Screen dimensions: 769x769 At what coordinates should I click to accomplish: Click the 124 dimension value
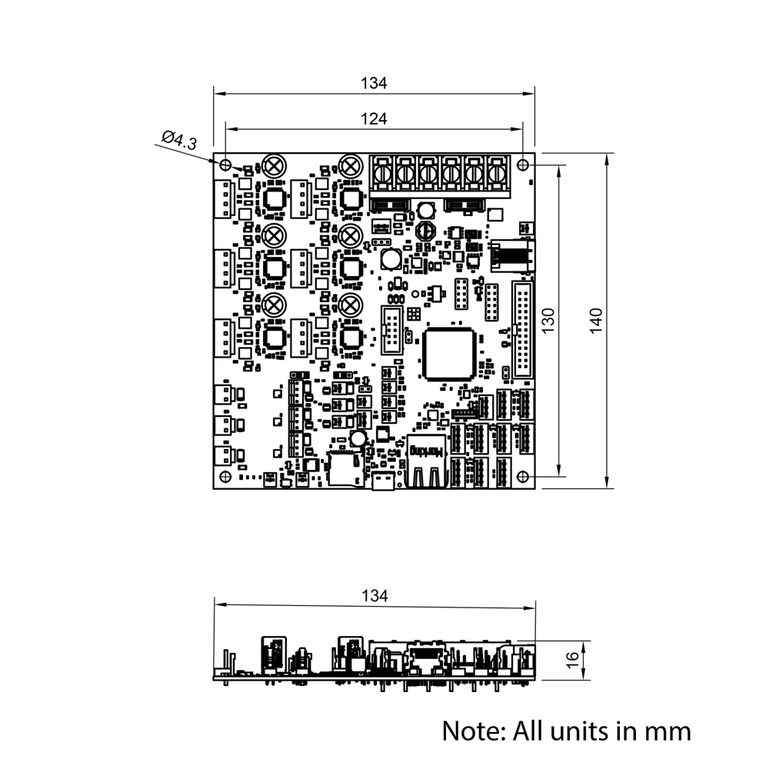click(x=374, y=118)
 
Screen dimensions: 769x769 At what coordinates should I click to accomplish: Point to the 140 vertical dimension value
click(x=598, y=320)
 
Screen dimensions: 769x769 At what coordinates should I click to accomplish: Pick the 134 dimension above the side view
click(x=374, y=595)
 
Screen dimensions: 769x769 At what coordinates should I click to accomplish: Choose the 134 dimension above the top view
click(x=374, y=83)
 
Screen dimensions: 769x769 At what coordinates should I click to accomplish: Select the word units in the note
click(x=581, y=730)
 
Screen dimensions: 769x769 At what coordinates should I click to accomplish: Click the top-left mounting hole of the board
click(x=225, y=165)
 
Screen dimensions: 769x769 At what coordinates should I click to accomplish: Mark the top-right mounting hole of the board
click(x=523, y=165)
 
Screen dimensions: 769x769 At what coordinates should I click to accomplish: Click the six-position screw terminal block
click(x=440, y=174)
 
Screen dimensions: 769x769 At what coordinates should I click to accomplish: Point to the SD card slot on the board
click(x=345, y=469)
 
